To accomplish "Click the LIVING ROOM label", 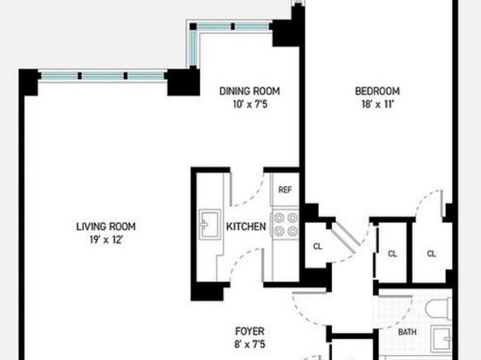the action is tap(106, 227).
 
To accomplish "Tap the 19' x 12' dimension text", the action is tap(106, 239).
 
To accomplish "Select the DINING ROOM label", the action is tap(249, 91).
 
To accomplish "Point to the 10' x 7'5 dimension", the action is tap(250, 104).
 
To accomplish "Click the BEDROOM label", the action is tap(377, 91).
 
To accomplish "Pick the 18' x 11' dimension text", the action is tap(377, 104).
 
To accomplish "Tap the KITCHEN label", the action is tap(246, 227).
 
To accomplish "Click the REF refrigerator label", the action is tap(285, 190).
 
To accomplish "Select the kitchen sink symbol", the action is tap(210, 224).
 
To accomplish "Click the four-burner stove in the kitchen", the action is tap(285, 225).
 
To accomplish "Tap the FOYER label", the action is tap(249, 332).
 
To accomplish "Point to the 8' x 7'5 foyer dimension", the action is tap(249, 345).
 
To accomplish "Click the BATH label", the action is tap(407, 332).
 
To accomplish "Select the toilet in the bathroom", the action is tap(439, 308).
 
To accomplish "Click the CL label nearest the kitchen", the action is tap(317, 246).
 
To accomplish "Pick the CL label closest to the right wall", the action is tap(432, 254).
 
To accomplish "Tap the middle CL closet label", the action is tap(393, 254).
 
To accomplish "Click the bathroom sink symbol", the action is tap(441, 338).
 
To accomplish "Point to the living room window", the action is tap(103, 75).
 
